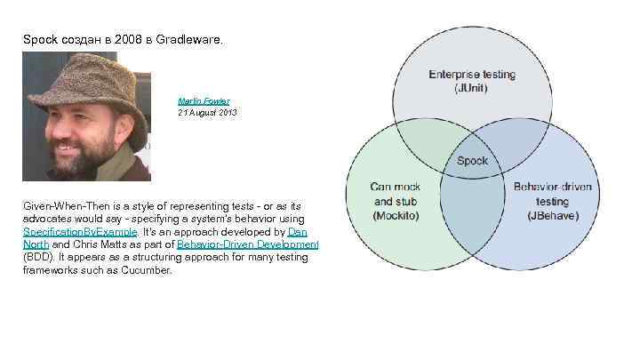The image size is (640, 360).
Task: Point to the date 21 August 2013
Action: pos(207,113)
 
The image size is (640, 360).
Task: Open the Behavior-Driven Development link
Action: pos(248,244)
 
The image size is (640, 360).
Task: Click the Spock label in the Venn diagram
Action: pos(472,161)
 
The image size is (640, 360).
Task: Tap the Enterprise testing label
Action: pos(471,75)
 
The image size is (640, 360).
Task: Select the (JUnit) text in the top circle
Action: pos(471,88)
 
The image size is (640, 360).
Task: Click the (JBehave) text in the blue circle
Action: pos(552,215)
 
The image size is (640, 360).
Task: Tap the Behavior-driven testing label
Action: pos(552,195)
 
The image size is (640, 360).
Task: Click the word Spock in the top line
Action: pos(40,40)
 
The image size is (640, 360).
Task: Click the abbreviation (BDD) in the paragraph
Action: pos(38,257)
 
